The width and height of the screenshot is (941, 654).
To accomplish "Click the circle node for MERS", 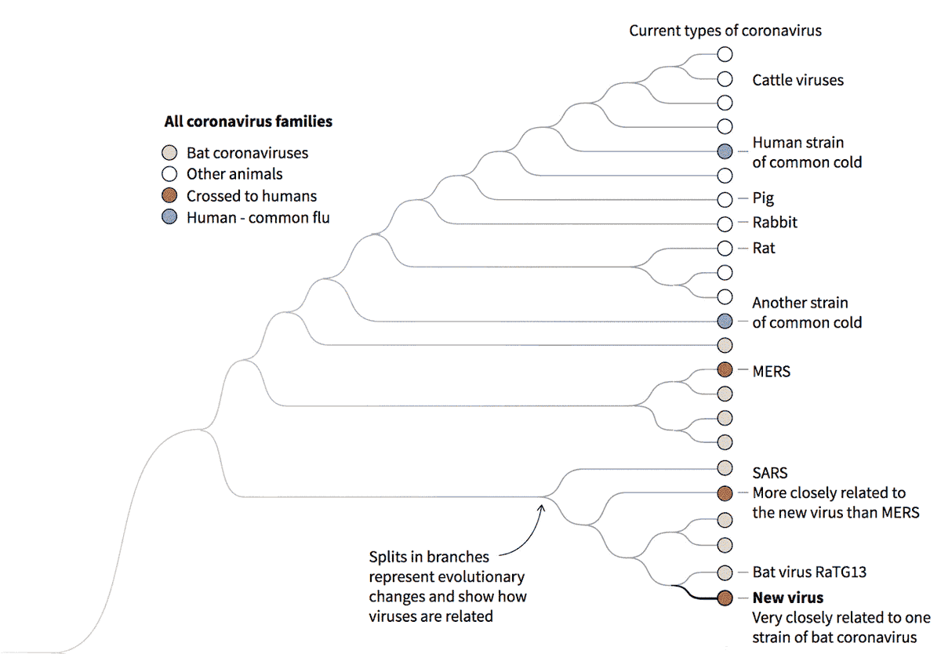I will pos(725,369).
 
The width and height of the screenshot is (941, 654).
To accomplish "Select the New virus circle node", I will pos(725,598).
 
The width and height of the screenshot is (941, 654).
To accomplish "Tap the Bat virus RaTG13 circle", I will pos(725,572).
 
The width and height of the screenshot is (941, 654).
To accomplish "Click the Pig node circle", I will pos(725,198).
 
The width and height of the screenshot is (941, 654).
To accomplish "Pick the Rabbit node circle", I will pos(725,223).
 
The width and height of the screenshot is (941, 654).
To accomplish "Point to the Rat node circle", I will pos(725,248).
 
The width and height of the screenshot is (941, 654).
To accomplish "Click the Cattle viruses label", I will pos(797,80).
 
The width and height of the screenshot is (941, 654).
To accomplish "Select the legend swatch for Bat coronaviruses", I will pos(169,153).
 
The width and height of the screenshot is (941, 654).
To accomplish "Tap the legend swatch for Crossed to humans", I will pos(169,196).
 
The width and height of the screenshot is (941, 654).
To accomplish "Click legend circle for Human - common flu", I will pos(169,218).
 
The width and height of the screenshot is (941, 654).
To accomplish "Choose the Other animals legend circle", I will pos(169,174).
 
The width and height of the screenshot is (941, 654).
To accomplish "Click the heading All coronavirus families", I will pos(248,122).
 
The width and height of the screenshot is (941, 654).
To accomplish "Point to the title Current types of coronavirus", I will pos(725,31).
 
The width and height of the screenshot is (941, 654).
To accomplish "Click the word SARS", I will pos(769,474).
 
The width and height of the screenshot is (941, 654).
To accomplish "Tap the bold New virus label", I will pos(787,598).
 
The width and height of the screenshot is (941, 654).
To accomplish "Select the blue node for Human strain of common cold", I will pos(725,151).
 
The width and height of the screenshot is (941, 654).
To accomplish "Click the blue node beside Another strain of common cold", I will pos(725,321).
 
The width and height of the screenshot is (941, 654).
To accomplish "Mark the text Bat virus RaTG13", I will pos(809,572).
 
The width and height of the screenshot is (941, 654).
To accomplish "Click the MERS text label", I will pos(771,372).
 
